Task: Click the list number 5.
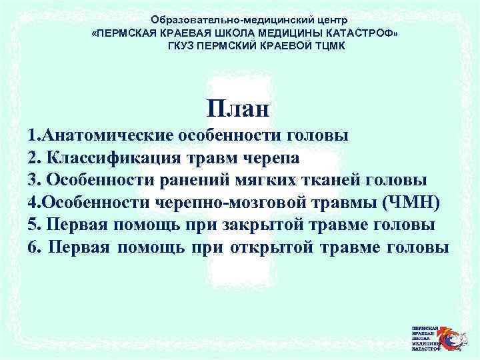33,225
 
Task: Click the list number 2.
33,158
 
